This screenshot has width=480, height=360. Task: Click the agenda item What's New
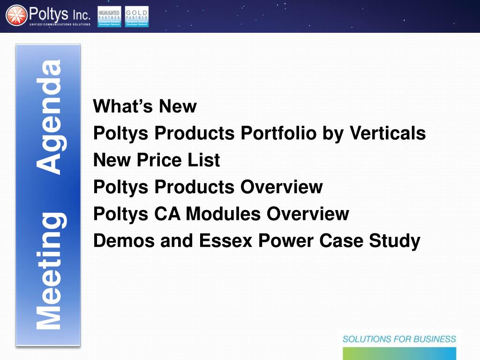pyautogui.click(x=145, y=106)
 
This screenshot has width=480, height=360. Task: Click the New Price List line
pyautogui.click(x=157, y=160)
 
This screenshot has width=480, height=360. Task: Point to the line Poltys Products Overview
pyautogui.click(x=208, y=187)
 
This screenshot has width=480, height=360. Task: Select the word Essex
pyautogui.click(x=226, y=241)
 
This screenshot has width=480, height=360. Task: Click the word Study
pyautogui.click(x=395, y=241)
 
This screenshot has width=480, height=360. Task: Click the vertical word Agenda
pyautogui.click(x=49, y=117)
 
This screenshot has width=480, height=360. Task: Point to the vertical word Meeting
pyautogui.click(x=49, y=271)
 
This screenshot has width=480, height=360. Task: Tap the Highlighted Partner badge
pyautogui.click(x=109, y=16)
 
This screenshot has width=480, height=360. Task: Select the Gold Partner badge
pyautogui.click(x=137, y=16)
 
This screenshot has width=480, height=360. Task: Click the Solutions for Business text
pyautogui.click(x=399, y=339)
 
